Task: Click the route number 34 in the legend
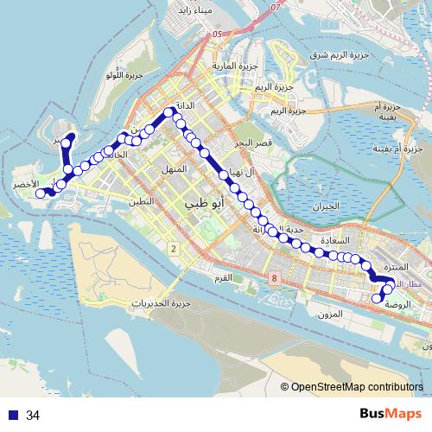click(x=33, y=416)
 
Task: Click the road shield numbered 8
click(x=274, y=278)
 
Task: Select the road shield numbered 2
click(x=174, y=249)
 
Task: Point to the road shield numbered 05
click(x=216, y=35)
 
